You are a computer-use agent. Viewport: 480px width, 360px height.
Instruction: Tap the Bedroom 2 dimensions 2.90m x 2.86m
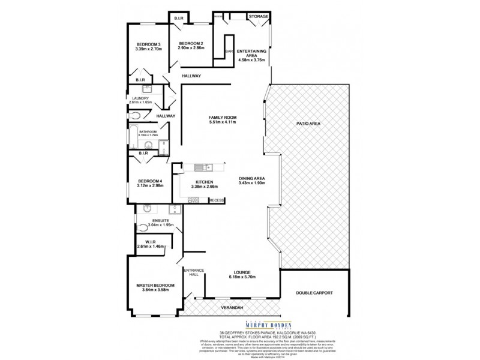[191, 48]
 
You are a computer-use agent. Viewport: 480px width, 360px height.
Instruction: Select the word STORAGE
[259, 16]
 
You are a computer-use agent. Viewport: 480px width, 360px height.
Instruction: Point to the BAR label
[229, 52]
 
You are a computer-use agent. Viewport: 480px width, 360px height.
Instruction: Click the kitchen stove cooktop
[193, 200]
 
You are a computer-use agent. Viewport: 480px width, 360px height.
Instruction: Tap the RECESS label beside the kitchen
[217, 200]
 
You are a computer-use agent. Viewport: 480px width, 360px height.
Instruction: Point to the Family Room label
[222, 117]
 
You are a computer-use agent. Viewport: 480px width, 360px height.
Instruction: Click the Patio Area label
[308, 122]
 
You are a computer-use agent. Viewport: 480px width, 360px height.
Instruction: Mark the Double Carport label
[314, 293]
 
